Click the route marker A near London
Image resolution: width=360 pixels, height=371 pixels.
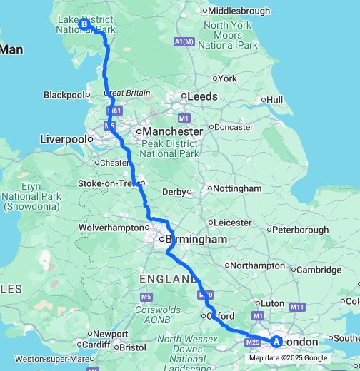pyautogui.click(x=276, y=341)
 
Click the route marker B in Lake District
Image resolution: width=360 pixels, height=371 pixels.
pyautogui.click(x=85, y=24)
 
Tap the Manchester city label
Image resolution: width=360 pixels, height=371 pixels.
pyautogui.click(x=171, y=132)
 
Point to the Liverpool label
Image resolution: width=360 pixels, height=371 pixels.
pyautogui.click(x=64, y=138)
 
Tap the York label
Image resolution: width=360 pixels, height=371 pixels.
pyautogui.click(x=227, y=78)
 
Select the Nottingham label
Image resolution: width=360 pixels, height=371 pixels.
pyautogui.click(x=238, y=188)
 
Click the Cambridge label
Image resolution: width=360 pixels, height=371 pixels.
pyautogui.click(x=319, y=270)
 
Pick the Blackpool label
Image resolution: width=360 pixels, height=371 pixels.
pyautogui.click(x=64, y=95)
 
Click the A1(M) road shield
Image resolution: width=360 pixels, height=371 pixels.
pyautogui.click(x=184, y=42)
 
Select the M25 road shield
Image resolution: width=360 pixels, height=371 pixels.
pyautogui.click(x=252, y=343)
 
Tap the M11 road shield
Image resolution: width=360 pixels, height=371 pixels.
pyautogui.click(x=298, y=306)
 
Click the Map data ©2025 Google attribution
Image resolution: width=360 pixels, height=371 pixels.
pyautogui.click(x=288, y=358)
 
